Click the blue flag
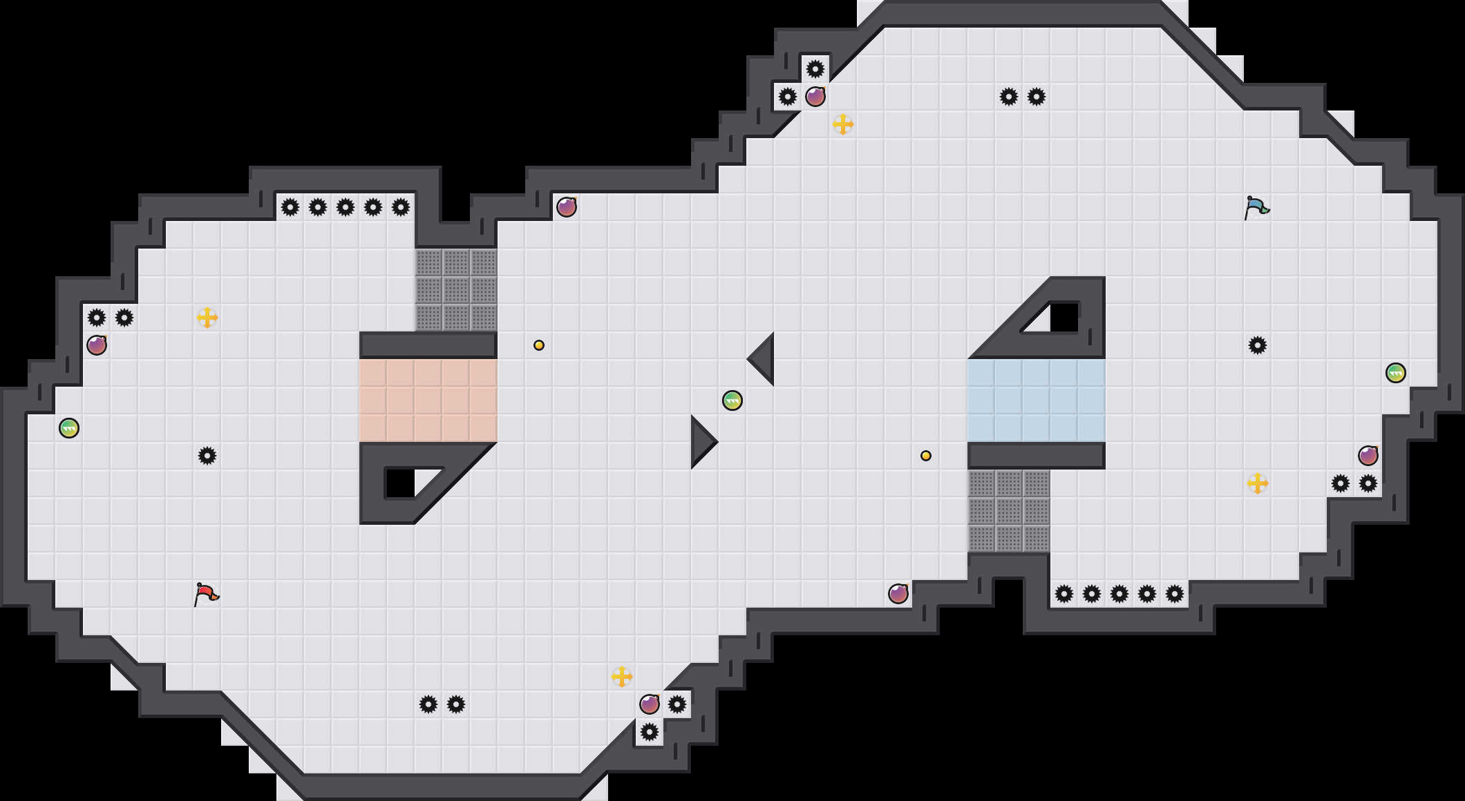tap(1256, 207)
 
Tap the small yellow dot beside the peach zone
tap(539, 345)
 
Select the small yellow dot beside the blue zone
tap(926, 456)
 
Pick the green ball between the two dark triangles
tap(732, 400)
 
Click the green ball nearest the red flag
tap(69, 428)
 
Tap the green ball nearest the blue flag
tap(1396, 373)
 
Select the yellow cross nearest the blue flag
tap(1258, 483)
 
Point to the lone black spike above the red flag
tap(207, 456)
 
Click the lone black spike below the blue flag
tap(1258, 345)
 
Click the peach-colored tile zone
tap(428, 400)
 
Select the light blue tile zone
tap(1037, 400)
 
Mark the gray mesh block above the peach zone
tap(456, 290)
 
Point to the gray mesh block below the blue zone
tap(1009, 511)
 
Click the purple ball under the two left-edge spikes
tap(97, 345)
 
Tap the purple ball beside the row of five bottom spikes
tap(898, 594)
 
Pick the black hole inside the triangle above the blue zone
tap(1064, 318)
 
